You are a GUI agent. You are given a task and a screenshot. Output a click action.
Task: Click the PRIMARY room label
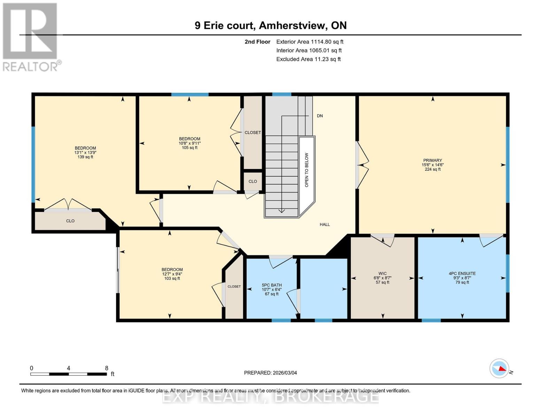point(432,160)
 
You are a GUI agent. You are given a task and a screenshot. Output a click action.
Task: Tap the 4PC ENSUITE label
point(462,273)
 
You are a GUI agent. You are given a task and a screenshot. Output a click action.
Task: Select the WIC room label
point(382,273)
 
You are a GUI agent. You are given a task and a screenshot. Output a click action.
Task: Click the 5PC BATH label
point(272,285)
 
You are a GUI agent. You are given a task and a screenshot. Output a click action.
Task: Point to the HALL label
point(325,225)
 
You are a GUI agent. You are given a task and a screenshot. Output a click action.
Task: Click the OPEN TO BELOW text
point(307,170)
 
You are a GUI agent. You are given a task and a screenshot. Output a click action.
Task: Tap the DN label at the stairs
point(320,116)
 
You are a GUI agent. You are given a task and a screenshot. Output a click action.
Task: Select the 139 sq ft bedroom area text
point(85,157)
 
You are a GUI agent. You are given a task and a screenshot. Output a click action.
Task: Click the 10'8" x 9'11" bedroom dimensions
point(190,143)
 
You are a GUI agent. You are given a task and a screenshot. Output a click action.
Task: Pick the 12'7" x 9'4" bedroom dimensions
point(172,274)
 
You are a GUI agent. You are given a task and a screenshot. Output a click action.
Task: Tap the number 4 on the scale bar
point(69,368)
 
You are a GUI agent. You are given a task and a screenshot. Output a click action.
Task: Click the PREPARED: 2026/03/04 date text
point(270,373)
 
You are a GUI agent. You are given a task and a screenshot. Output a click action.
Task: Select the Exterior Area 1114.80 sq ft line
point(310,42)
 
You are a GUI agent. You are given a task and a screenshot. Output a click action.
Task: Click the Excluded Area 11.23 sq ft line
point(308,59)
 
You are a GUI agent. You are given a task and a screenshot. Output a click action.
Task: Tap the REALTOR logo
point(31,37)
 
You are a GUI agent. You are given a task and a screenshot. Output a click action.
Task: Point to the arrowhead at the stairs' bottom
point(281,211)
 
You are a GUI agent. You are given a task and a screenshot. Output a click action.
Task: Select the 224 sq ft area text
point(432,169)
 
